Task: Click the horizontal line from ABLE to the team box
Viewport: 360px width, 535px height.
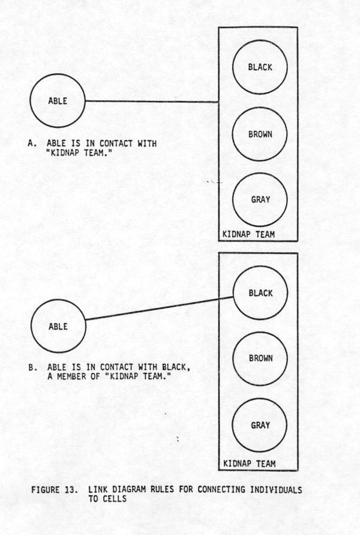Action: (x=152, y=101)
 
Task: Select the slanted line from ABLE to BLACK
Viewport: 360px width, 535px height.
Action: (x=159, y=309)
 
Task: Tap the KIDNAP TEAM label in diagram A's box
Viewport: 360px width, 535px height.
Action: (x=248, y=235)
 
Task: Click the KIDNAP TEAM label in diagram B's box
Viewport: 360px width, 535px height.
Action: (x=249, y=463)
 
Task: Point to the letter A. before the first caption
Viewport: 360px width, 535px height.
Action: (x=32, y=143)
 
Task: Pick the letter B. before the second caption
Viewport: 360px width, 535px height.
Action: (x=33, y=367)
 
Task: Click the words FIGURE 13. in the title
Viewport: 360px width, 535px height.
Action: (x=55, y=490)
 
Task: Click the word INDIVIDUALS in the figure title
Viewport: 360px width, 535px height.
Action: (x=276, y=490)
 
